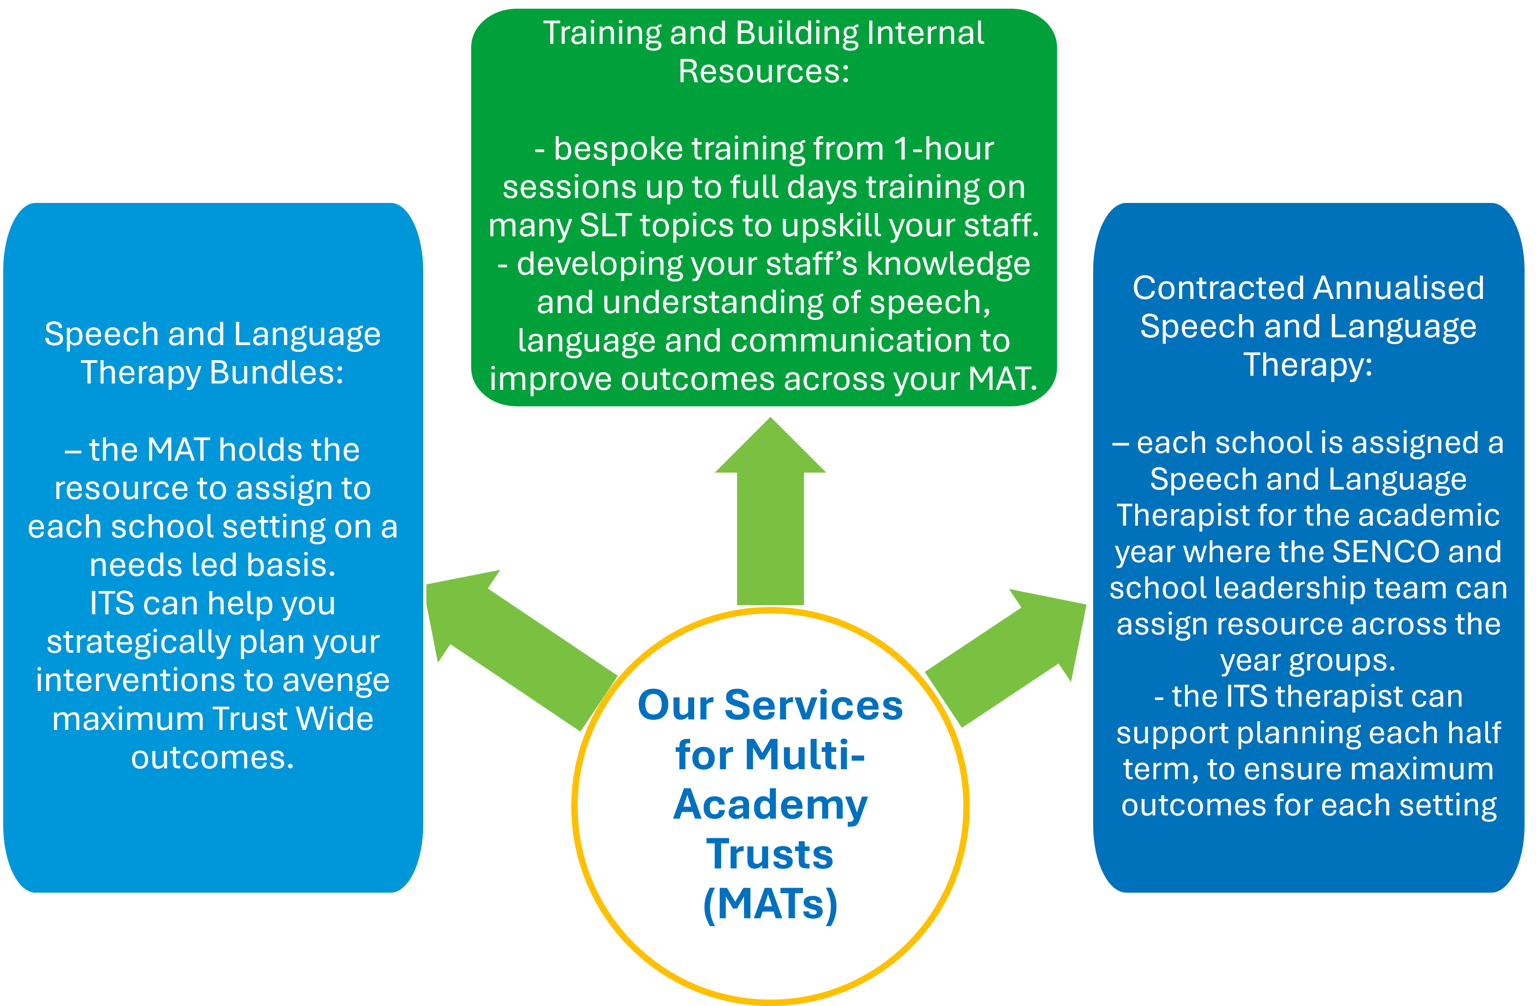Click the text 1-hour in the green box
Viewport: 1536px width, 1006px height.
pyautogui.click(x=944, y=149)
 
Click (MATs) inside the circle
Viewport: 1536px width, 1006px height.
pyautogui.click(x=770, y=904)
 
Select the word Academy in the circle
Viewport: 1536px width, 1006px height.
pyautogui.click(x=770, y=805)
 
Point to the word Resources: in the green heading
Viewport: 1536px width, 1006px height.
pyautogui.click(x=764, y=71)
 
